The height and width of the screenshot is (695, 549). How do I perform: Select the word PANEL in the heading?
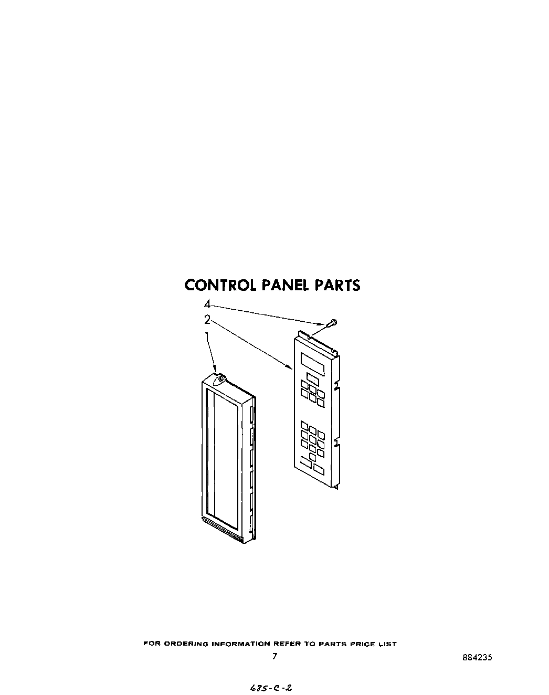(x=286, y=285)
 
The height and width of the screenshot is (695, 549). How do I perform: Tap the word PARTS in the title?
(x=337, y=285)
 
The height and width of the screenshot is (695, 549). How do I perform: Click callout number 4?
(x=207, y=304)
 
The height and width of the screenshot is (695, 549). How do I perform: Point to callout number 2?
(x=207, y=319)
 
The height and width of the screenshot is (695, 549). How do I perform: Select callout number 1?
(x=207, y=336)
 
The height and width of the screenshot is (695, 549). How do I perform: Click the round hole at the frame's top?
(x=221, y=378)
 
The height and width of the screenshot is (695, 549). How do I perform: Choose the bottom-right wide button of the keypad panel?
(x=319, y=467)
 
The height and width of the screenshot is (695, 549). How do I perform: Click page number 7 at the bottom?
(x=274, y=656)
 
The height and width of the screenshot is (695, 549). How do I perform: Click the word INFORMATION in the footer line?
(x=240, y=644)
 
